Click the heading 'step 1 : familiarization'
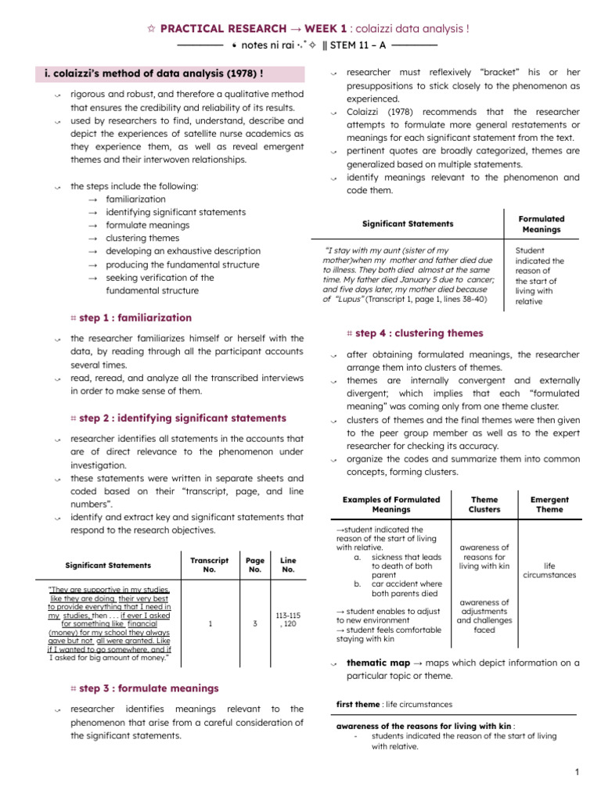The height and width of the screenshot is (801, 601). [x=135, y=318]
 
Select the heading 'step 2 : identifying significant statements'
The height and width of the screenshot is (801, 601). [x=182, y=418]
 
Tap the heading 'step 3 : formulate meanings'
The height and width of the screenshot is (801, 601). [x=149, y=688]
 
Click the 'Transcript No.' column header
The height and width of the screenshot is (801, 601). [x=209, y=565]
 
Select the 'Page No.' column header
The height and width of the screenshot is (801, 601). [x=255, y=565]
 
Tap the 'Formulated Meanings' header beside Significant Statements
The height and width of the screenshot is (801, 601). [x=542, y=224]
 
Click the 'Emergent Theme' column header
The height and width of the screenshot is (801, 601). [x=549, y=505]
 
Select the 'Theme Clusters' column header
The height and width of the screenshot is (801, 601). [x=484, y=505]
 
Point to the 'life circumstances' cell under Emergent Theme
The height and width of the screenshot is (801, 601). [x=549, y=569]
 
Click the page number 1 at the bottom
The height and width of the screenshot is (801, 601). [x=576, y=773]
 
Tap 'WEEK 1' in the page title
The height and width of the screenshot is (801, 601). [x=279, y=29]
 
